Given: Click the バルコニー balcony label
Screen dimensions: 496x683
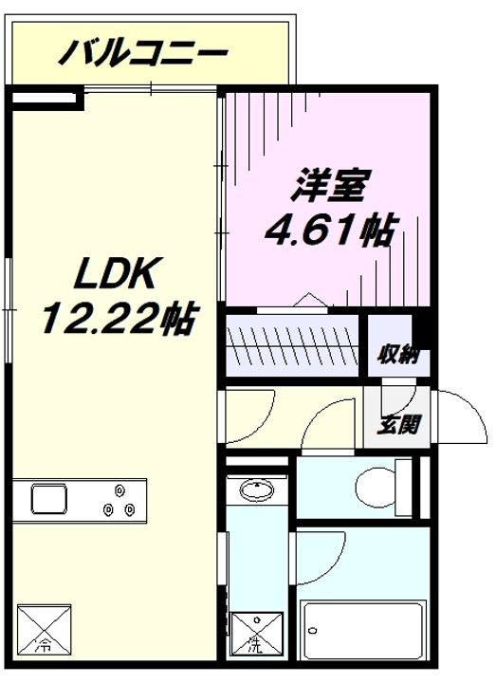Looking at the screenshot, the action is pos(143,53).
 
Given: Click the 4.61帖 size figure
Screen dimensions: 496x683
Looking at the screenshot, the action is pos(332,230).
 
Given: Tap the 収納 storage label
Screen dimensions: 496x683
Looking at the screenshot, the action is pos(398,355).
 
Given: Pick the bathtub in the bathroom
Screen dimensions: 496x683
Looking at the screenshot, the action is pos(363,630).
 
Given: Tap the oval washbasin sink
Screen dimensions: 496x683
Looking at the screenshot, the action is pos(257,489).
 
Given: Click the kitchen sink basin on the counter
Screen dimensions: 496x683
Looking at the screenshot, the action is pos(49,499).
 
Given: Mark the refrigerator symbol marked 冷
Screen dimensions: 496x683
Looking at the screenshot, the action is pos(44,629).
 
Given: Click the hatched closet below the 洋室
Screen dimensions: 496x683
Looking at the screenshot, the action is pos(292,345).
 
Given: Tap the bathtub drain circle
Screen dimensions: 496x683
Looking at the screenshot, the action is pos(312,630).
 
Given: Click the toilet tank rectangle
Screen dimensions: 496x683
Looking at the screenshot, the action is pos(403,487).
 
